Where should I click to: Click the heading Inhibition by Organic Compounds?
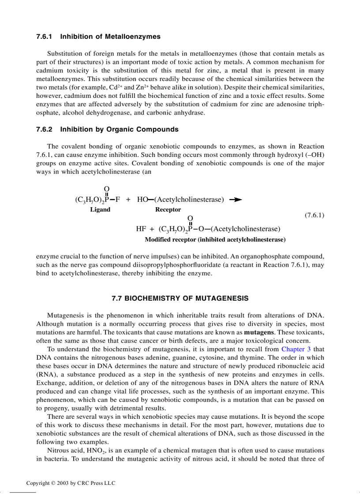(x=119, y=130)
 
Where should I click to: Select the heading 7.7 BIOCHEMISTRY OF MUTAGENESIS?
(x=180, y=298)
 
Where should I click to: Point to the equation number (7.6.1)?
(x=314, y=215)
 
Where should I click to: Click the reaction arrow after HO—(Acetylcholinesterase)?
(x=236, y=200)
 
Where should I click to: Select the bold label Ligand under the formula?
(x=100, y=210)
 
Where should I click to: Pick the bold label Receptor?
(x=168, y=210)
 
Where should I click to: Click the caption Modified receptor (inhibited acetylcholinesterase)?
(x=215, y=240)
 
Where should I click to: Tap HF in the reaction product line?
(x=141, y=229)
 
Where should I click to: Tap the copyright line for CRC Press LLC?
(x=71, y=483)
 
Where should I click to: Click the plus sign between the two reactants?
(x=128, y=200)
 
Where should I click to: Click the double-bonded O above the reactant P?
(x=107, y=190)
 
